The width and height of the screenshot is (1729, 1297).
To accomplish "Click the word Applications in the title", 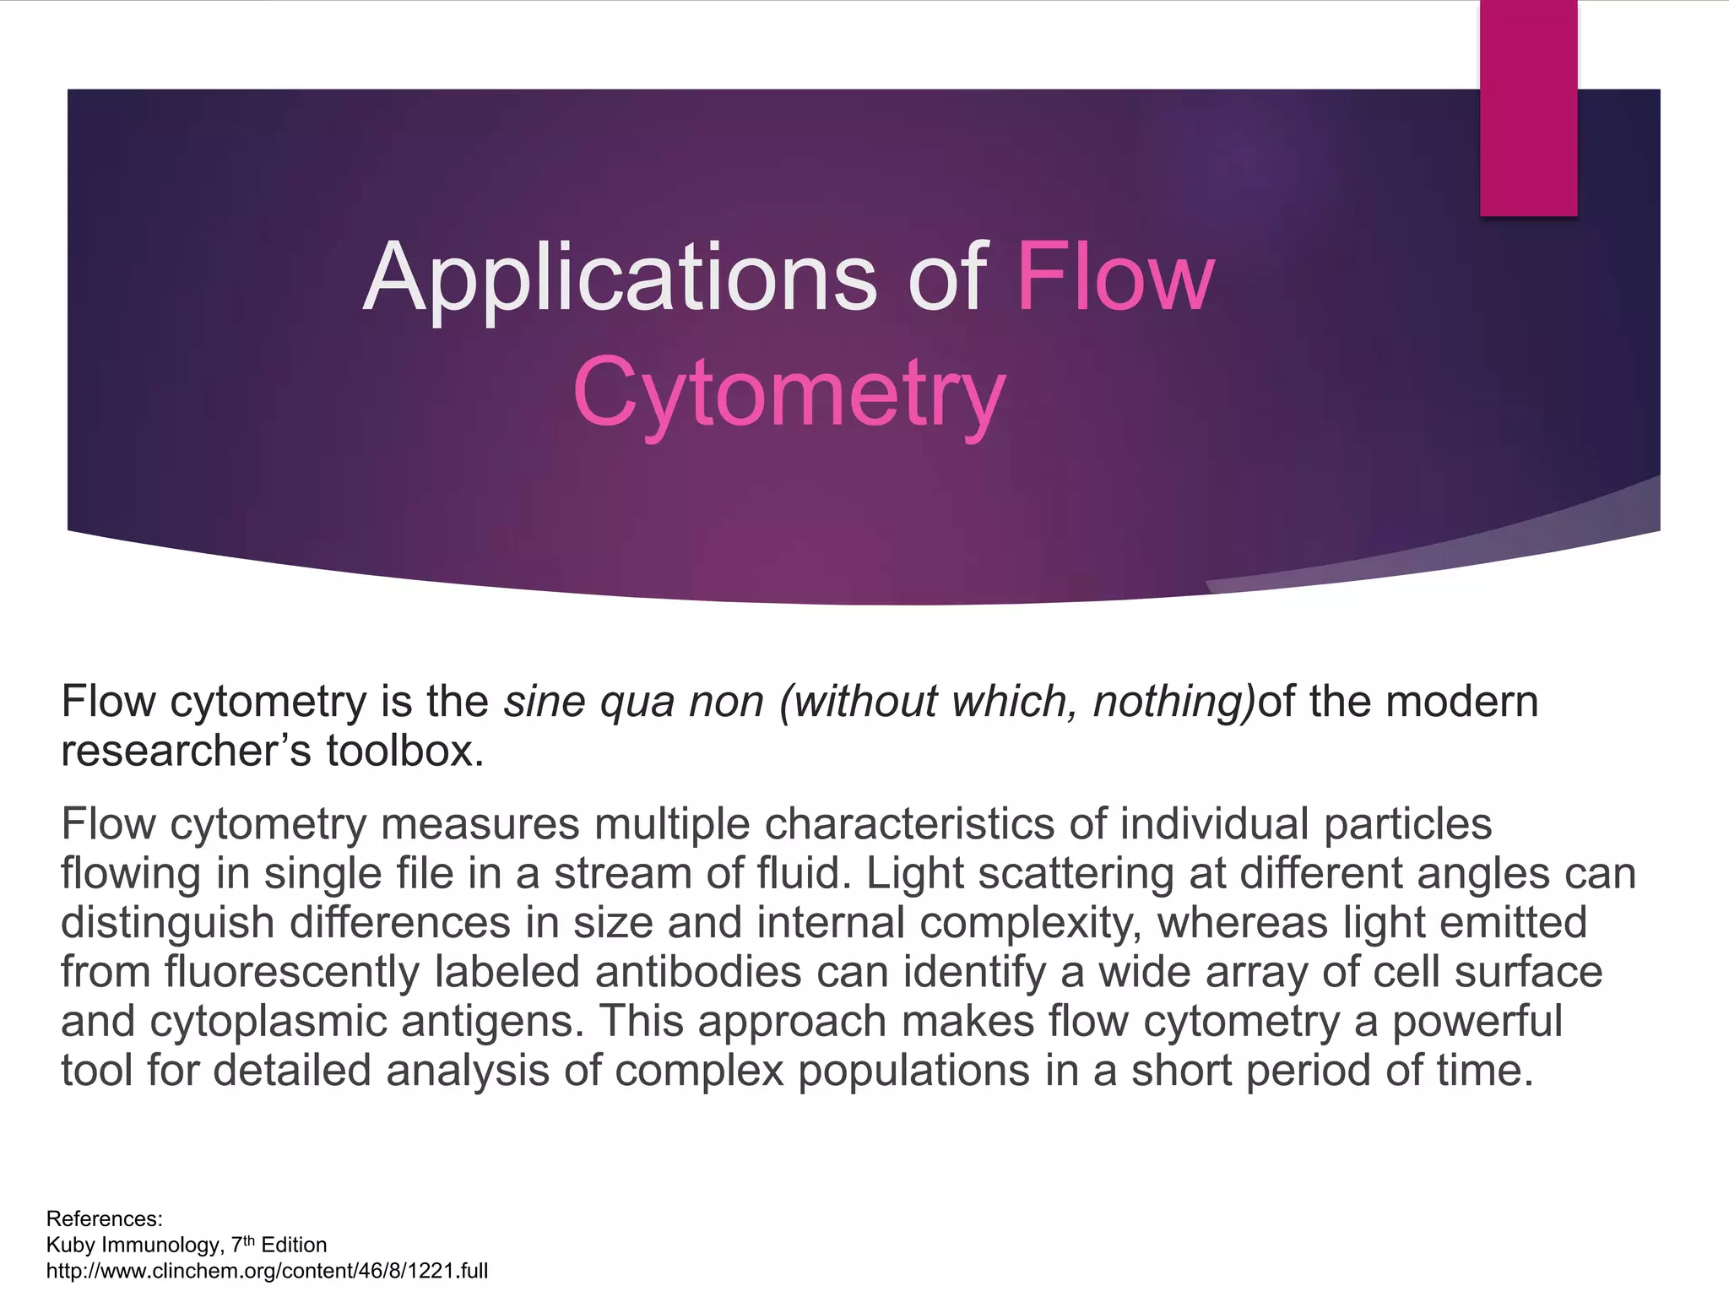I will pos(621,279).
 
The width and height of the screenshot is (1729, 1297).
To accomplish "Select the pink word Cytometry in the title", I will pos(789,393).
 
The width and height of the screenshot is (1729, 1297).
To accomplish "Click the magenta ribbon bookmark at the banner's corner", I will pos(1528,107).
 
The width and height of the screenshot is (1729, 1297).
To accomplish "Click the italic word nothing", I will pos(1173,702).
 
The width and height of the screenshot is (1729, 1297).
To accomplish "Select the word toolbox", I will pos(405,751).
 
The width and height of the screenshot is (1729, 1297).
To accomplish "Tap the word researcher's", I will pos(187,751).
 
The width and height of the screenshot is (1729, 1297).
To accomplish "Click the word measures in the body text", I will pos(480,824).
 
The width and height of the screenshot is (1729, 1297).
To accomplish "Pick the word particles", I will pos(1407,824).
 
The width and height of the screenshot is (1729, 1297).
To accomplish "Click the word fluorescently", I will pos(292,972).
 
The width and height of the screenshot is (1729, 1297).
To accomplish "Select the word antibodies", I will pos(698,972).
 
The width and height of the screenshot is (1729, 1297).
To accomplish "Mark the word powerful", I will pos(1477,1022).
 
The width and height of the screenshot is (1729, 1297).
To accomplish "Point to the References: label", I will pos(104,1219).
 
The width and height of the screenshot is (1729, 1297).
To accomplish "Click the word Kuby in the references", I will pos(71,1245).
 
